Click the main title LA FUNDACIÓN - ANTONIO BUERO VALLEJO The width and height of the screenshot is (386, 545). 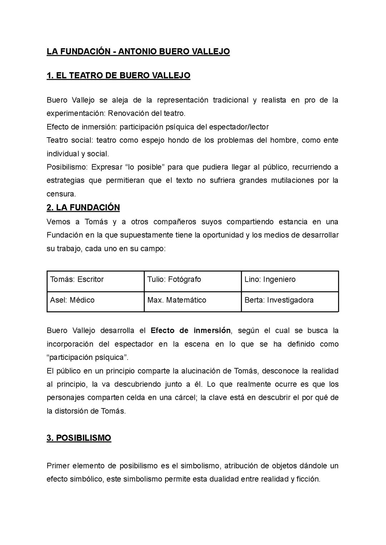pos(138,51)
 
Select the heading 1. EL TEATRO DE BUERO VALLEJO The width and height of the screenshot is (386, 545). pos(118,75)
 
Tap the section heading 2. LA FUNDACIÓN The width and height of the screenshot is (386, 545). pos(83,208)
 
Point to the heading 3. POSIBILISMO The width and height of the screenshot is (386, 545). pos(79,438)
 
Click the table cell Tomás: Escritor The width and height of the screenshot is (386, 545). pos(77,279)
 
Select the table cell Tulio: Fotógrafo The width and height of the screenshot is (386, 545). pos(174,279)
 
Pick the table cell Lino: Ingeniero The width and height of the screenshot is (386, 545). pos(270,279)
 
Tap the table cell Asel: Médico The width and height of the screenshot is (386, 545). pos(72,300)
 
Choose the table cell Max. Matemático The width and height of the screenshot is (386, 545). pos(177,300)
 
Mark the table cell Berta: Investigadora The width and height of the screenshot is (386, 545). pos(279,300)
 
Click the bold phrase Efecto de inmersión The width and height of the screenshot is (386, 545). pos(190,331)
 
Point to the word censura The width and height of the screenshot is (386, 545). pos(61,194)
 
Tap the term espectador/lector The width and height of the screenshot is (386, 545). pos(239,127)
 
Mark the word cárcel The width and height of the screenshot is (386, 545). pos(184,398)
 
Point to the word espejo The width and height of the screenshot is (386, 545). pos(152,140)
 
